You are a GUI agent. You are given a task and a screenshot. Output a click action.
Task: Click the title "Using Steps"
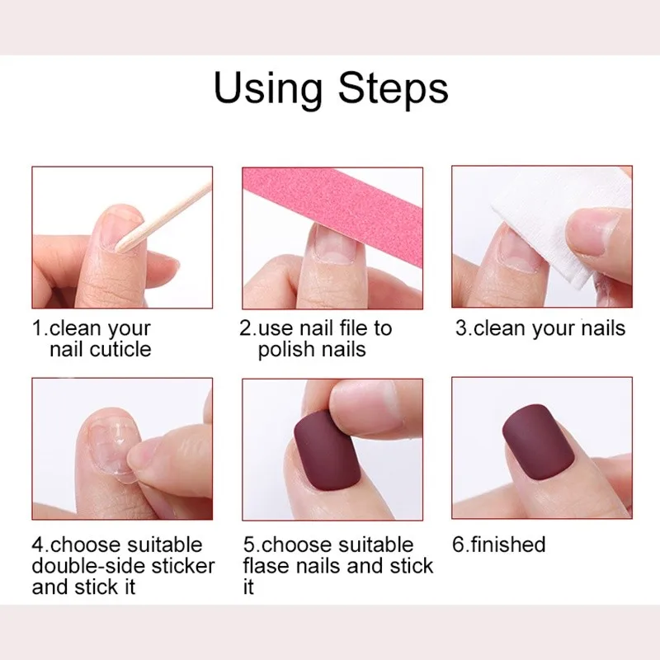[331, 89]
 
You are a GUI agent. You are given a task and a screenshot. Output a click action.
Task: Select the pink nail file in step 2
[330, 205]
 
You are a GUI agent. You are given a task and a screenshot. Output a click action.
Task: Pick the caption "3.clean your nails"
[540, 328]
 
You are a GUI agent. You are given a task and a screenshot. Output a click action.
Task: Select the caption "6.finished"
[499, 544]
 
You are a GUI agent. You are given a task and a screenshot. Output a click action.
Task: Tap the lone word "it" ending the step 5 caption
[248, 587]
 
